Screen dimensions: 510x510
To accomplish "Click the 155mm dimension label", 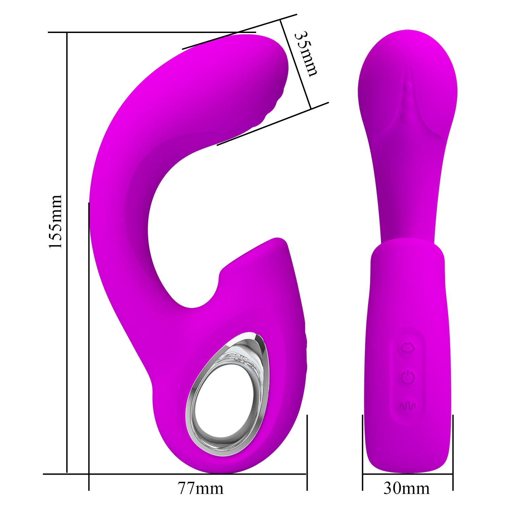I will tap(55, 221).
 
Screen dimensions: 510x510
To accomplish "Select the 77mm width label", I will tap(201, 489).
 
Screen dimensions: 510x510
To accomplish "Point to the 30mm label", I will tap(407, 489).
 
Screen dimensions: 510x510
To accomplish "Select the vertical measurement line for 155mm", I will tap(67, 252).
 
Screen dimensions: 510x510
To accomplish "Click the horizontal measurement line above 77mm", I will tap(197, 474).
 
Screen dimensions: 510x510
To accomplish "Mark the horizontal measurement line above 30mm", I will tap(407, 474).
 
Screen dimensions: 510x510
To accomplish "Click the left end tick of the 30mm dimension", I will tap(362, 452).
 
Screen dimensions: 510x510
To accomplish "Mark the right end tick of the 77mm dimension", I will tap(307, 452).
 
